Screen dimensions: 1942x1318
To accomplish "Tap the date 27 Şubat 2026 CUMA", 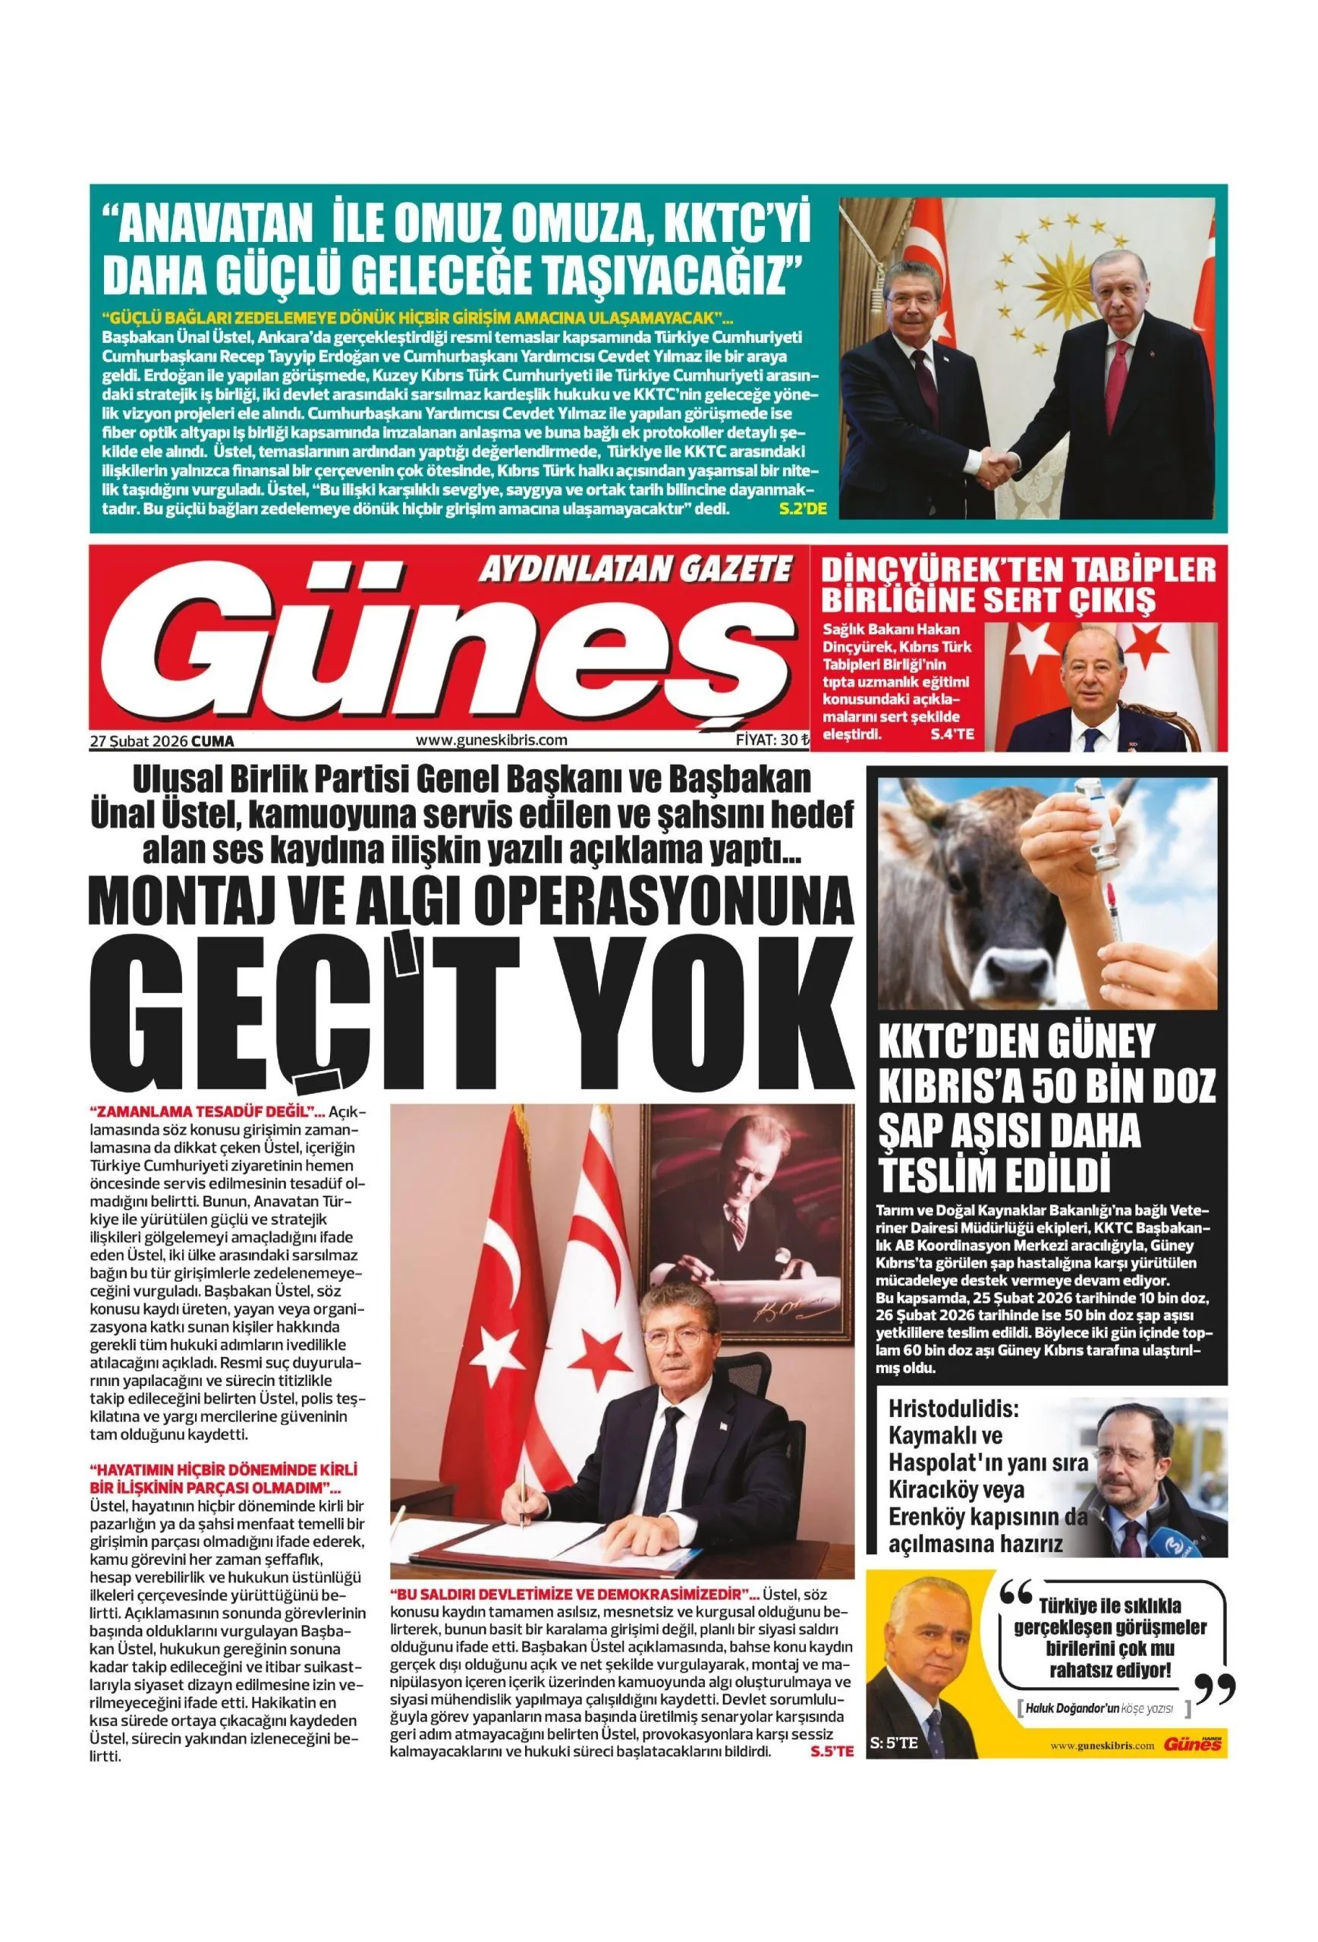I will coord(162,740).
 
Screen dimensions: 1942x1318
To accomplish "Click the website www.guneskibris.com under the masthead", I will coord(491,740).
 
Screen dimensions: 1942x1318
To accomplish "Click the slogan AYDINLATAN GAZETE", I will coord(634,570).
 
